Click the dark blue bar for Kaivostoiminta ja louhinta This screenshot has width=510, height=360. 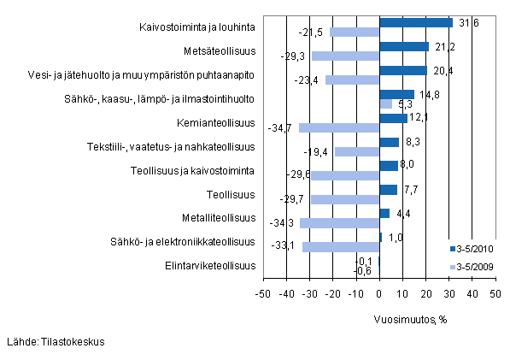click(415, 22)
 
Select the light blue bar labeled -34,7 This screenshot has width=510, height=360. click(338, 128)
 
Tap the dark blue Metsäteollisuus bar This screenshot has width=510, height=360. click(403, 46)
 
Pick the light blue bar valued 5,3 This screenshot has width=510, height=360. click(385, 104)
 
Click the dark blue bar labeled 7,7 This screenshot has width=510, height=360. click(388, 189)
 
